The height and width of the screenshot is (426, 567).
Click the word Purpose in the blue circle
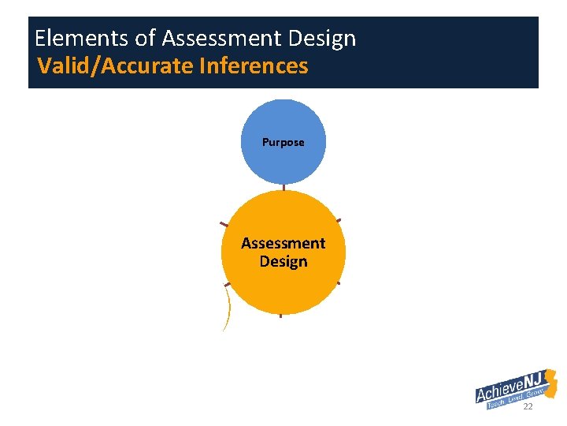pyautogui.click(x=283, y=143)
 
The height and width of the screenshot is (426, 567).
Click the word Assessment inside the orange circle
pyautogui.click(x=283, y=243)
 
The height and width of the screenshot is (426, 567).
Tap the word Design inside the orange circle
pyautogui.click(x=283, y=261)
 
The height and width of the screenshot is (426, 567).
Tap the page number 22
pyautogui.click(x=528, y=406)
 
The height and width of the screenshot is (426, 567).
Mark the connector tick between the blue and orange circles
pyautogui.click(x=283, y=188)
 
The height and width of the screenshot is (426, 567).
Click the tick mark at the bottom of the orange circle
pyautogui.click(x=280, y=316)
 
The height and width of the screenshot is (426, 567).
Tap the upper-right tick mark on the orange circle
pyautogui.click(x=338, y=220)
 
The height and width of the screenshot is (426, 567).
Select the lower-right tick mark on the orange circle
pyautogui.click(x=339, y=282)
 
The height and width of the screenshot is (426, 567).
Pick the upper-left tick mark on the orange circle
pyautogui.click(x=224, y=224)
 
